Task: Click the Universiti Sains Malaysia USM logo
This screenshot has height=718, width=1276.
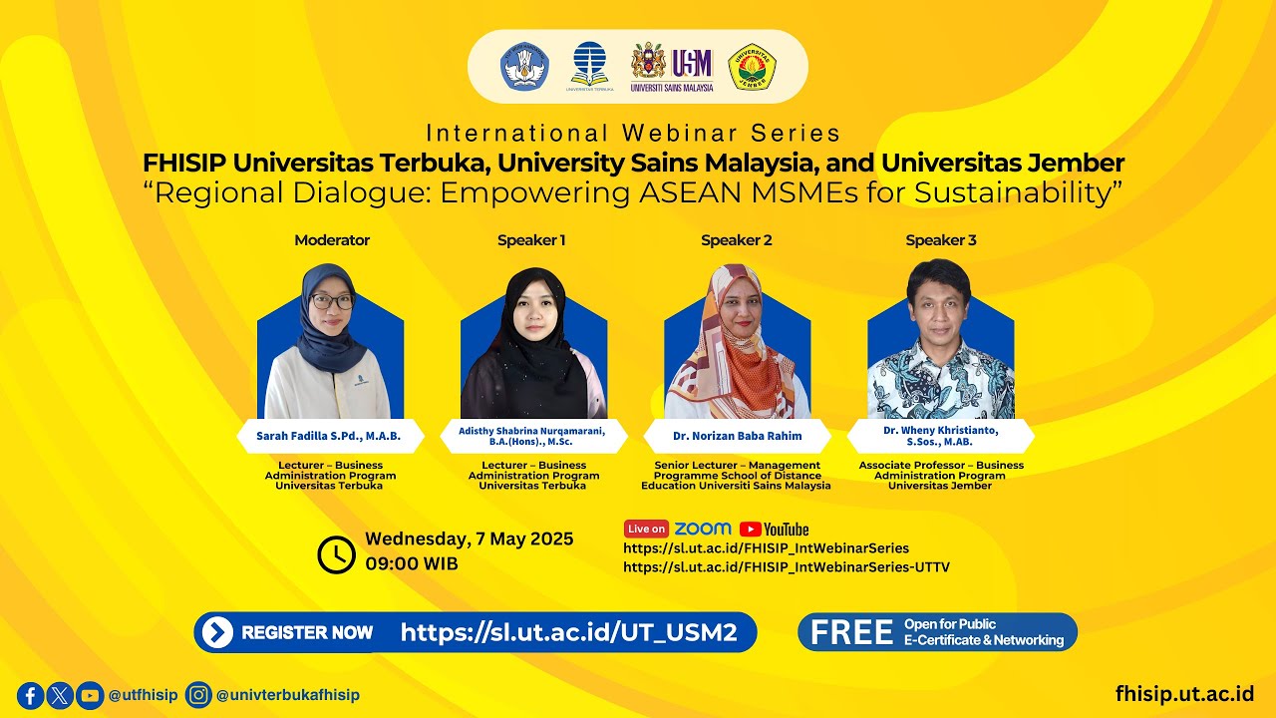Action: (x=673, y=67)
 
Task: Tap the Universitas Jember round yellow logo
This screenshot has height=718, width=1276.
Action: (x=753, y=67)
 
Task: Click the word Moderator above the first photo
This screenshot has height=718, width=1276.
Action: (x=332, y=240)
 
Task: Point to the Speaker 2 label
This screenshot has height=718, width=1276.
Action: (x=737, y=240)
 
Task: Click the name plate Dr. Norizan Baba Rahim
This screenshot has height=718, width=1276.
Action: (x=738, y=436)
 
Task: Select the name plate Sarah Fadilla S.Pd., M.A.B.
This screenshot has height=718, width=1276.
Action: (x=330, y=436)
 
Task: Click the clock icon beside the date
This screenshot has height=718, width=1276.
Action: (x=336, y=554)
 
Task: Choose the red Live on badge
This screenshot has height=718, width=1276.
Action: (x=646, y=530)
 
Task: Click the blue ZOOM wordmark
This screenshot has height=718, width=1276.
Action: (x=703, y=529)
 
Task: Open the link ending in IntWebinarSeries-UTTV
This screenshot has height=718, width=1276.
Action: (x=787, y=567)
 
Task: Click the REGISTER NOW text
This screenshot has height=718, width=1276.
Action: (x=307, y=632)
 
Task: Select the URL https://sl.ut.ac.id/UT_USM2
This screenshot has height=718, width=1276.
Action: (x=568, y=632)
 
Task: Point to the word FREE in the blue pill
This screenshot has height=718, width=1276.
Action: (x=850, y=632)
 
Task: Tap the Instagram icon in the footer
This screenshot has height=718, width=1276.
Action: (x=199, y=695)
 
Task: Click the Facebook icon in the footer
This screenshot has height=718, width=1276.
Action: (x=30, y=695)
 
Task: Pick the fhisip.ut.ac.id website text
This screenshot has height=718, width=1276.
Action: (x=1184, y=694)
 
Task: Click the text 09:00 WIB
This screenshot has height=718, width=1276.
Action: (x=412, y=563)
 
